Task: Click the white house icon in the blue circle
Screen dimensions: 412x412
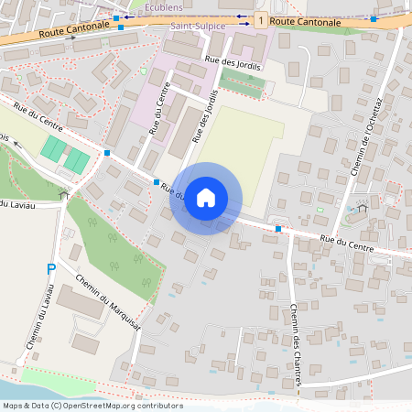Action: click(x=206, y=197)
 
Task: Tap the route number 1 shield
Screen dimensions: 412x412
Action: click(x=262, y=19)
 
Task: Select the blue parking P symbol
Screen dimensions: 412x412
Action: click(x=51, y=268)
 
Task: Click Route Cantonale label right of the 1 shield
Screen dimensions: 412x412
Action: click(x=306, y=20)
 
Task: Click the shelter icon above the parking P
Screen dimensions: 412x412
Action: click(x=63, y=194)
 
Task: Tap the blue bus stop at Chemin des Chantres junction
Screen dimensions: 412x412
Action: click(x=278, y=228)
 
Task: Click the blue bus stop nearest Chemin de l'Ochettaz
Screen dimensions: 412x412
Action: click(x=374, y=17)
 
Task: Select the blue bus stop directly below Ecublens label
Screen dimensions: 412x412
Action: click(x=121, y=27)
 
